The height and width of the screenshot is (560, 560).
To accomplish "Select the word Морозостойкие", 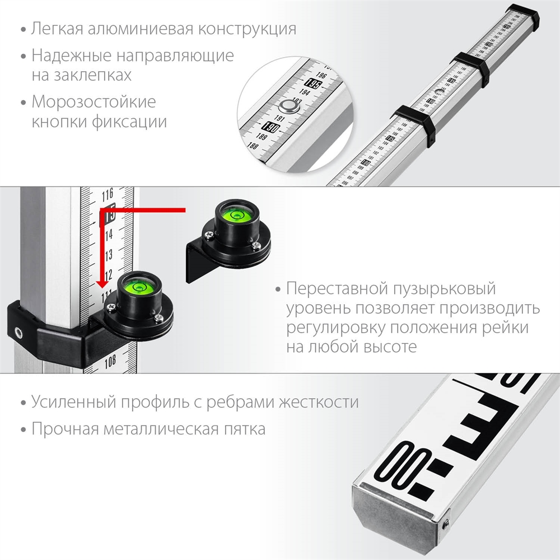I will click(94, 102).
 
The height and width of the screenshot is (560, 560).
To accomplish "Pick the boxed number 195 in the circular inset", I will click(314, 85).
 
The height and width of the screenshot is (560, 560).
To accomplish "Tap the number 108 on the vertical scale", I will click(110, 361).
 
